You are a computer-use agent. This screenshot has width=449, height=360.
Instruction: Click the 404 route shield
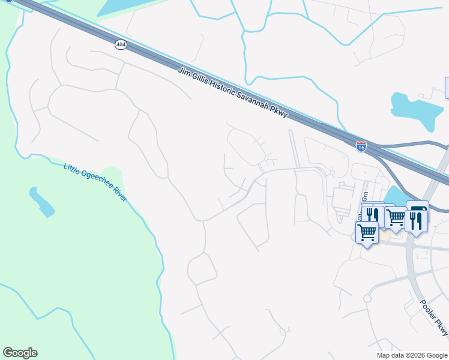[x=121, y=45]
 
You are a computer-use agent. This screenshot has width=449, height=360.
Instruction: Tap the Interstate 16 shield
[x=361, y=146]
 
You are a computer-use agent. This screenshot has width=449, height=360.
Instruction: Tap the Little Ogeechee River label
[x=95, y=181]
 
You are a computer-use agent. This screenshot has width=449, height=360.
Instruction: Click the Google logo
[x=20, y=353]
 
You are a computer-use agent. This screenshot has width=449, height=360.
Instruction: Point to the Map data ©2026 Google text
[x=411, y=355]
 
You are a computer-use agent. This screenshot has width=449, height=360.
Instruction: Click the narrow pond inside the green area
[x=41, y=202]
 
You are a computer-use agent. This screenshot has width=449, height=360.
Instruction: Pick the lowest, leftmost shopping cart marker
[x=366, y=231]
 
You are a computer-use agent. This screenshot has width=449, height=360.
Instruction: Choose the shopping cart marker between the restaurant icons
[x=395, y=218]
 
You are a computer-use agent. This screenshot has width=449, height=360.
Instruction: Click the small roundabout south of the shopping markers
[x=367, y=298]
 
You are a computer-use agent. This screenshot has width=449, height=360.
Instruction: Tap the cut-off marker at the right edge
[x=447, y=88]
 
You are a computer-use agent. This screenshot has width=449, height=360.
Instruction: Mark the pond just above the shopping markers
[x=393, y=196]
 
